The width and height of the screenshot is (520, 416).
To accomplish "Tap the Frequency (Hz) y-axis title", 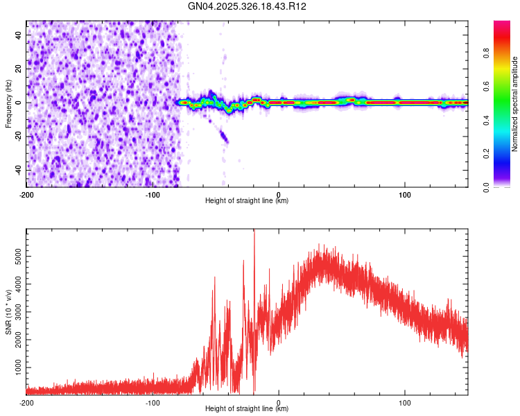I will click(x=8, y=103).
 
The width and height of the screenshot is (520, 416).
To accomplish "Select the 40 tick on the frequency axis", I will click(x=19, y=35).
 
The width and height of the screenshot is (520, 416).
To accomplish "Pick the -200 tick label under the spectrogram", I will click(x=26, y=193).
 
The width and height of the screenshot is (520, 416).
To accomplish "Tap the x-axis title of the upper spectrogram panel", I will click(x=247, y=201).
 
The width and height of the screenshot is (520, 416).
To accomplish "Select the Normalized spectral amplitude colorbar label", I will click(x=515, y=104).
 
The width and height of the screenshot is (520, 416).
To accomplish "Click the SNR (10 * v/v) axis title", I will click(x=8, y=311).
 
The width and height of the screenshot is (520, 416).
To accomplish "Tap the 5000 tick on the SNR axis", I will click(x=15, y=257).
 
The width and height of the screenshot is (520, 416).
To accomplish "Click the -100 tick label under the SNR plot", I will click(x=153, y=402).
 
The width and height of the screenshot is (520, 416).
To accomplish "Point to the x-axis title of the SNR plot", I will click(x=247, y=409).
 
